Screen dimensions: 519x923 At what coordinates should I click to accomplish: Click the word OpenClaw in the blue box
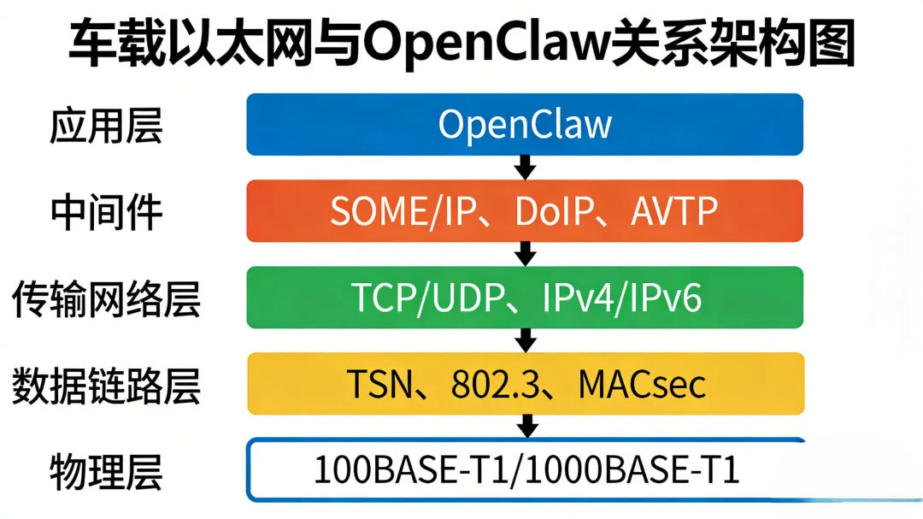click(525, 125)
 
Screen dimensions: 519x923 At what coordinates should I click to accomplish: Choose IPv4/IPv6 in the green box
click(622, 298)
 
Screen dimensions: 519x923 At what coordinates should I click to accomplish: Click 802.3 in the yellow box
click(493, 384)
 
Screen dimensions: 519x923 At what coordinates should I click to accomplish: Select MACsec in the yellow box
click(642, 384)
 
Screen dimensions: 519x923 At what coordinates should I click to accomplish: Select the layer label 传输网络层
click(106, 299)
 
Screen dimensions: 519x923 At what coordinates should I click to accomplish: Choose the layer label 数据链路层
click(106, 386)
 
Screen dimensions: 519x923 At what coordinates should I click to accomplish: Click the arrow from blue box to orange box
click(526, 167)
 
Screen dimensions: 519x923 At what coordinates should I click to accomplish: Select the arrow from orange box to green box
click(526, 253)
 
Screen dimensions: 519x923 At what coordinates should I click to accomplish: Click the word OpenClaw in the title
click(485, 45)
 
